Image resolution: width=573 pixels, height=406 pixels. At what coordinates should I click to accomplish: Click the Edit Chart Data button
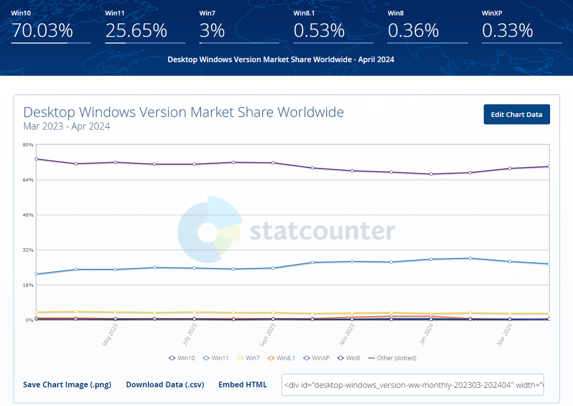click(x=517, y=114)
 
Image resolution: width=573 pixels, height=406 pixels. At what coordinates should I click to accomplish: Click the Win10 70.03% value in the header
click(x=42, y=31)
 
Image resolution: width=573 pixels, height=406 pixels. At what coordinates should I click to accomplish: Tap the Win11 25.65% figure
click(x=136, y=31)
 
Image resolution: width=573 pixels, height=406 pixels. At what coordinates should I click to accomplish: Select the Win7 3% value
click(x=212, y=31)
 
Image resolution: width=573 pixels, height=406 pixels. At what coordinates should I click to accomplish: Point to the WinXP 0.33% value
click(x=507, y=31)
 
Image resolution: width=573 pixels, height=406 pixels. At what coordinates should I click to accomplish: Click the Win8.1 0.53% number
click(x=319, y=31)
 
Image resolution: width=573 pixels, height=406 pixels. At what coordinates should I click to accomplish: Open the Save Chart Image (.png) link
click(x=67, y=384)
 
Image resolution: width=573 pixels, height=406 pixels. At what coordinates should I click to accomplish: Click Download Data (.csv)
click(x=165, y=384)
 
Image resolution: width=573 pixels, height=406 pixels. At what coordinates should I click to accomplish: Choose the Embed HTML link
click(x=243, y=384)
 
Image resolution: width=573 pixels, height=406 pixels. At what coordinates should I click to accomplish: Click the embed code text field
click(x=413, y=384)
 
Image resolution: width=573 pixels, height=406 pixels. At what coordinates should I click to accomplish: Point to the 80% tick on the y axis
click(x=28, y=144)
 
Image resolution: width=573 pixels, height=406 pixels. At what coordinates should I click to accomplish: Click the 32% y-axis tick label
click(x=28, y=250)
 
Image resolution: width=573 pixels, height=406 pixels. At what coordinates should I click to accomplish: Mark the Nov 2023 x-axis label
click(x=347, y=334)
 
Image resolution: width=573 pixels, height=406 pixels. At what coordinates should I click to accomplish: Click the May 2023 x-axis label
click(x=110, y=334)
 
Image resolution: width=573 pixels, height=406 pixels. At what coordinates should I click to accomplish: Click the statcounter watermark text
click(x=322, y=231)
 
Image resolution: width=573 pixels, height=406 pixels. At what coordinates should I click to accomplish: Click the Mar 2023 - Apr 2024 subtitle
click(x=66, y=127)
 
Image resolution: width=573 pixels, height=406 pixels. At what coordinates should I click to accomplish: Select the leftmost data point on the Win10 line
click(x=36, y=159)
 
